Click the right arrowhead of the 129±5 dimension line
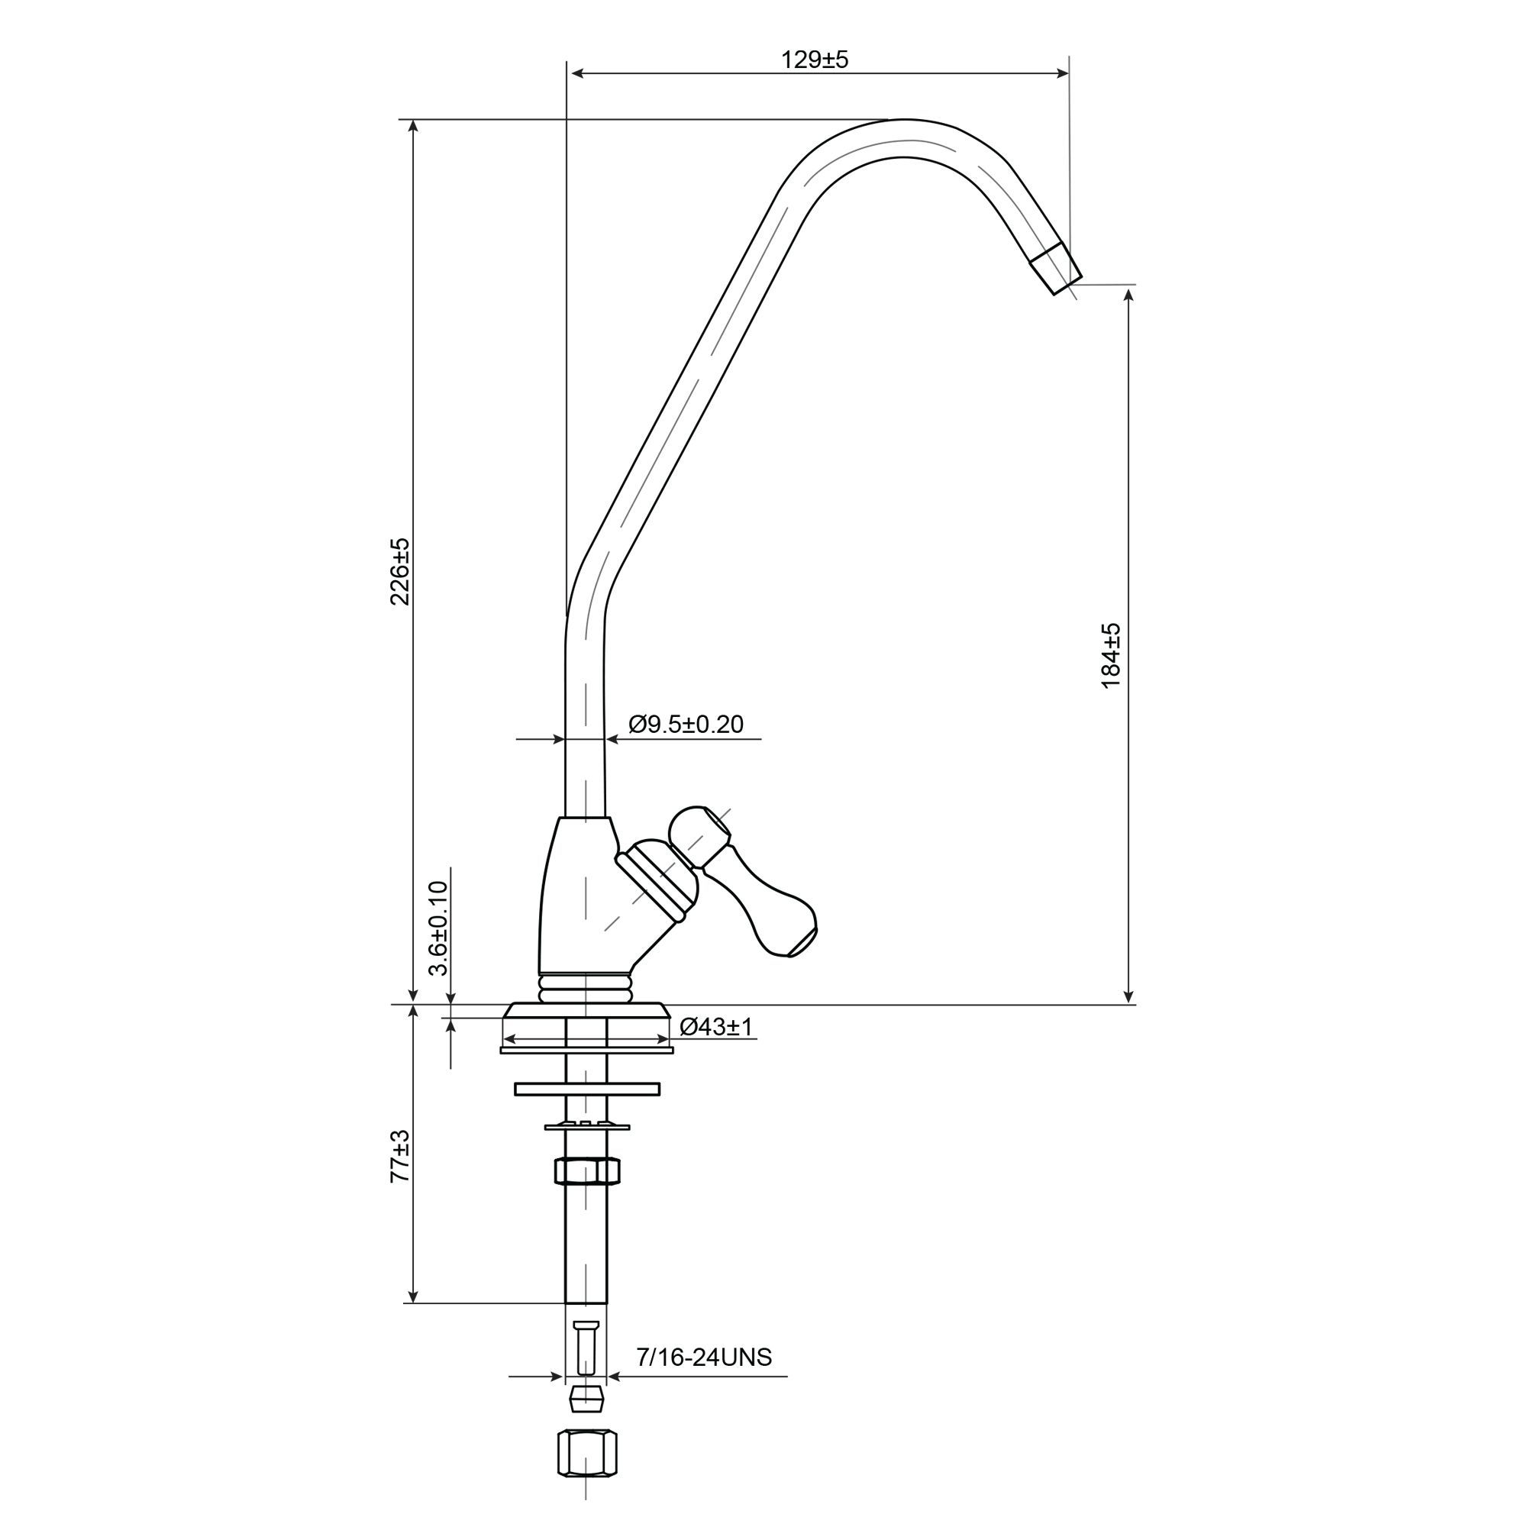coord(1062,73)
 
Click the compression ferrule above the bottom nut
coord(586,1399)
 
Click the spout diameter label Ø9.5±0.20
coord(686,724)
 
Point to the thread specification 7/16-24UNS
coord(704,1357)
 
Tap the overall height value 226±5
coord(401,571)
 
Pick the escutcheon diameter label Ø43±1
coord(717,1027)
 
